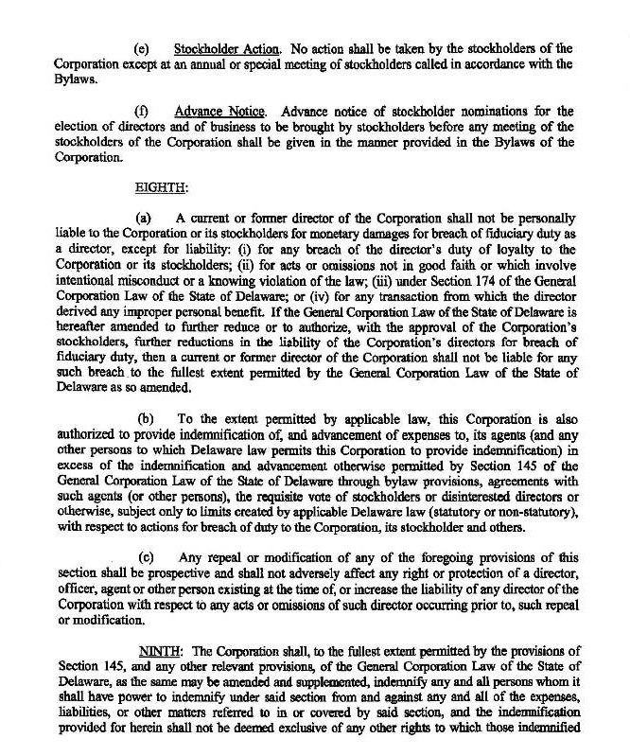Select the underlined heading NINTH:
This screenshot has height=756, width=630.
163,653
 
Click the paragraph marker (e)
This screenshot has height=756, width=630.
143,47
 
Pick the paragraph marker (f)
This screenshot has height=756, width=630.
143,112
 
